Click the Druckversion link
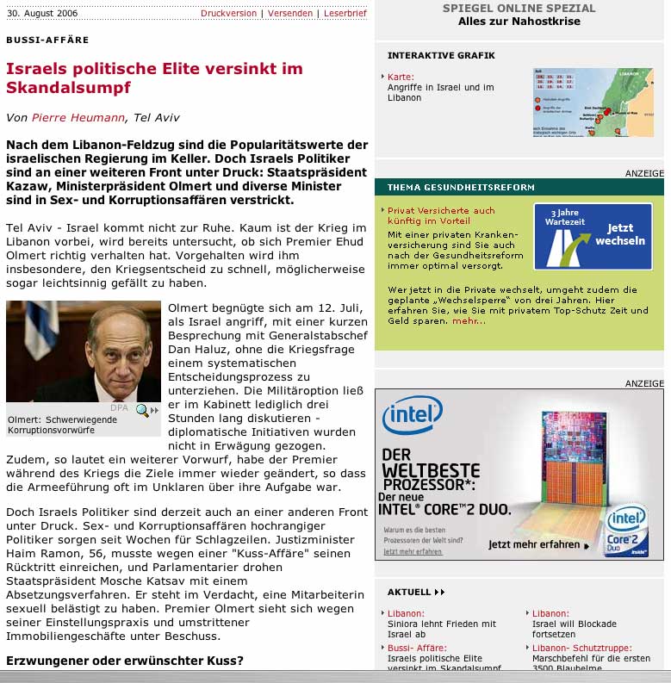pos(228,14)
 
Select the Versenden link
pos(290,14)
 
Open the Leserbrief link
pos(345,14)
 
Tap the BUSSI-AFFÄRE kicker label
pos(47,40)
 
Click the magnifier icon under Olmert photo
pos(142,410)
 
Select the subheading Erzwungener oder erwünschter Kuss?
pos(125,661)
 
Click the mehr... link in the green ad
pos(469,321)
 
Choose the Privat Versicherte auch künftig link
pos(441,215)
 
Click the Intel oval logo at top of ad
pos(413,416)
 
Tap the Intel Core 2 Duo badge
pos(628,528)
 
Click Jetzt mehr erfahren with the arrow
pos(538,544)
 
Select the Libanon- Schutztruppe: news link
pos(581,648)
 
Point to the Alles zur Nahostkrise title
pos(519,22)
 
